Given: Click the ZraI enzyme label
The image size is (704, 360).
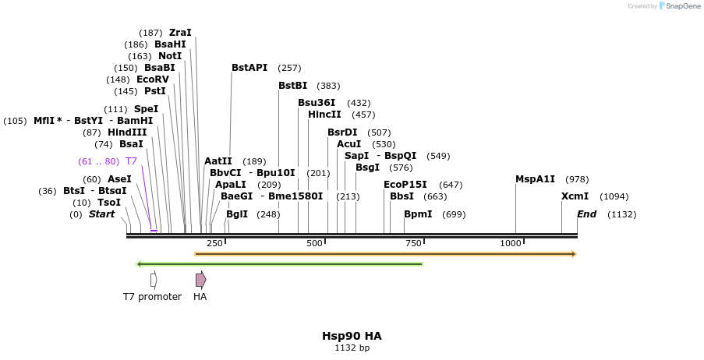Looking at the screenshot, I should click(180, 33).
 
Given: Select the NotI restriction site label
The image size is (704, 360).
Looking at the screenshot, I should click(170, 56).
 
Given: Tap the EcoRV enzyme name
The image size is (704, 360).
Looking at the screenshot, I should click(153, 79).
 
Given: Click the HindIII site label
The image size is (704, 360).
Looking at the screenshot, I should click(127, 132).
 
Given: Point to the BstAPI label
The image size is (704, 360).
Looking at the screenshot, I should click(249, 68).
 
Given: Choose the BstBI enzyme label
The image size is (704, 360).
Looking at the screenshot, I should click(293, 86).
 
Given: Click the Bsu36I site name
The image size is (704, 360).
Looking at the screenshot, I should click(317, 103).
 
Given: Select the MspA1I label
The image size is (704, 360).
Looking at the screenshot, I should click(535, 179).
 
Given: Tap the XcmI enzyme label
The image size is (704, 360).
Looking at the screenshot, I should click(575, 196).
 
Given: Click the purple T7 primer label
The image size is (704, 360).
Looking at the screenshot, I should click(131, 161).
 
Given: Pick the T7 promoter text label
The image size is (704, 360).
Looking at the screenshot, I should click(152, 297).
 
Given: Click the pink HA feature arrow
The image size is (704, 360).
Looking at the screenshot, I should click(200, 279).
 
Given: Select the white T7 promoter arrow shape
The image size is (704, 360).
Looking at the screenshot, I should click(154, 279).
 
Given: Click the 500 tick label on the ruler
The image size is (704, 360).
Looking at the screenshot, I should click(314, 244).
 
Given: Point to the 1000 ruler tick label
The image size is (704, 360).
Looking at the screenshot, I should click(511, 244).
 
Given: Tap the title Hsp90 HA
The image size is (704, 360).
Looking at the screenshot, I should click(352, 336).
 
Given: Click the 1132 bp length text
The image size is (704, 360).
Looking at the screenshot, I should click(352, 348).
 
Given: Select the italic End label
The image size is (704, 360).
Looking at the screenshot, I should click(586, 214).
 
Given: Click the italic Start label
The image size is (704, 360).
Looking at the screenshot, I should click(101, 214).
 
